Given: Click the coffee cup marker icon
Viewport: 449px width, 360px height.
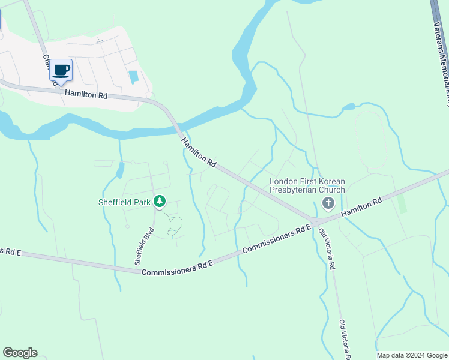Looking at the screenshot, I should coord(61,70).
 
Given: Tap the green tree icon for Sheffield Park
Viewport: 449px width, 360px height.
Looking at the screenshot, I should coord(160,202).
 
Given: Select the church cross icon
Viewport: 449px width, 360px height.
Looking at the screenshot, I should coord(328,203).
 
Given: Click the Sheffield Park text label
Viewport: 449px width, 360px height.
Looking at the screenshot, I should coord(124,202).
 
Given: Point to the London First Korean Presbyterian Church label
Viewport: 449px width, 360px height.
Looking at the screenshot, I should coord(307,185).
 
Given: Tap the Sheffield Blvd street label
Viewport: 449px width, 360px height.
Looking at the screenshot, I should coord(143,245).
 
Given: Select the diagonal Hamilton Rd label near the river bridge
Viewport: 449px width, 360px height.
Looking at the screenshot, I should coord(198,152).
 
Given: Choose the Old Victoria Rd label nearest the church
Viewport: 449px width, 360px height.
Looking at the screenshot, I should coord(328,249).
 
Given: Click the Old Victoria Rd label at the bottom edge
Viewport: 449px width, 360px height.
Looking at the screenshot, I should coord(344,338).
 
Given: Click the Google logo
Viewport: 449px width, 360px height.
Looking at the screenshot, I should coord(20,353).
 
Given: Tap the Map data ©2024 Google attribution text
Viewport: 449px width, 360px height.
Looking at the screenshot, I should coord(412,355).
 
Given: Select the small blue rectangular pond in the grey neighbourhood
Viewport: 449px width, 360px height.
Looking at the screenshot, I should coord(133,77).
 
